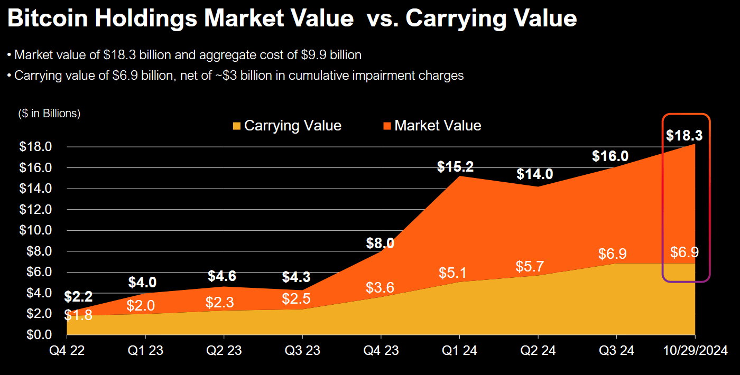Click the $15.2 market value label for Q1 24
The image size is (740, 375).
point(455,167)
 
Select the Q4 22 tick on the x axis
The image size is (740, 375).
point(67,350)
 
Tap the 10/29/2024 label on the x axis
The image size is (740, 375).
point(695,350)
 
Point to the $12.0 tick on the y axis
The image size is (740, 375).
point(35,209)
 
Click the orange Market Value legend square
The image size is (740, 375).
point(387,126)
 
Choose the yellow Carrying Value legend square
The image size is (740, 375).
point(236,126)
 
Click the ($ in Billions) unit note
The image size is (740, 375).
point(49,114)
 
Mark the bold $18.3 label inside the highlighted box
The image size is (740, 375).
point(684,135)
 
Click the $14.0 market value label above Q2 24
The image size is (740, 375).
point(534,174)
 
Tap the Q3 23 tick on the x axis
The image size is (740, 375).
point(302,350)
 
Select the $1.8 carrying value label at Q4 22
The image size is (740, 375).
point(78,315)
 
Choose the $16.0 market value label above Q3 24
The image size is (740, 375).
point(610,156)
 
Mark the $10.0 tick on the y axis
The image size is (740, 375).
point(35,230)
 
